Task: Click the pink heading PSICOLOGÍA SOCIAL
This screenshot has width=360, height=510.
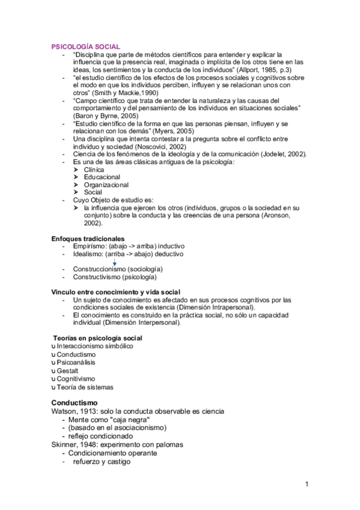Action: (x=85, y=46)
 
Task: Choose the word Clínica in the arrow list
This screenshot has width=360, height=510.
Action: (x=94, y=170)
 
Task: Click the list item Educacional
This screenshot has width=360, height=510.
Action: (x=102, y=177)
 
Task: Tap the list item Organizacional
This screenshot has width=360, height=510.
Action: (x=106, y=185)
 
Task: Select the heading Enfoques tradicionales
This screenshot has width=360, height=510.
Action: (x=88, y=239)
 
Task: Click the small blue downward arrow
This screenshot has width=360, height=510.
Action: (x=114, y=263)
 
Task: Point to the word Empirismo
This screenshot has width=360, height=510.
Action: (x=91, y=247)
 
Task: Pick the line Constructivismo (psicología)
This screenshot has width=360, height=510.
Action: (x=115, y=277)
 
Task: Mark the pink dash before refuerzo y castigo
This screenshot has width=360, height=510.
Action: (x=64, y=462)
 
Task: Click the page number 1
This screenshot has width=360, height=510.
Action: (x=307, y=484)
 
